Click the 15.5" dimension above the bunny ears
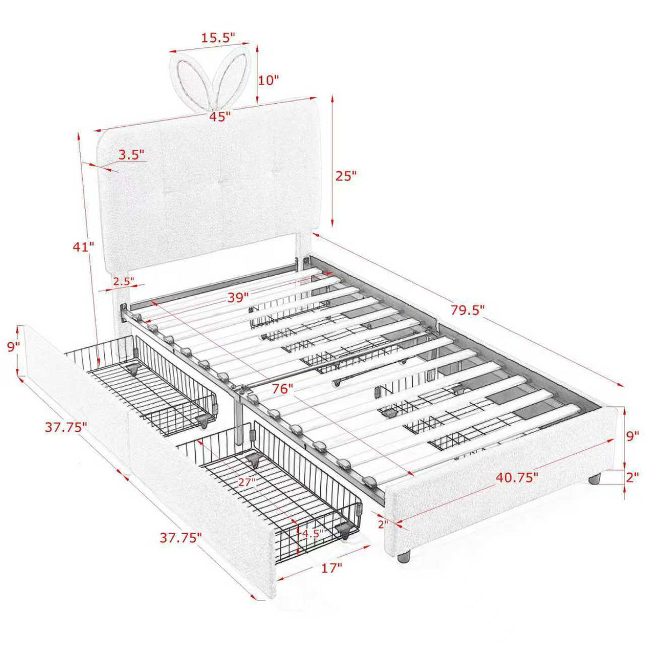[x=218, y=38]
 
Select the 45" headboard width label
[x=220, y=117]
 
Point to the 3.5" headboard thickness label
[x=132, y=155]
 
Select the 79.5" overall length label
[x=468, y=310]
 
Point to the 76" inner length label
[x=282, y=389]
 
